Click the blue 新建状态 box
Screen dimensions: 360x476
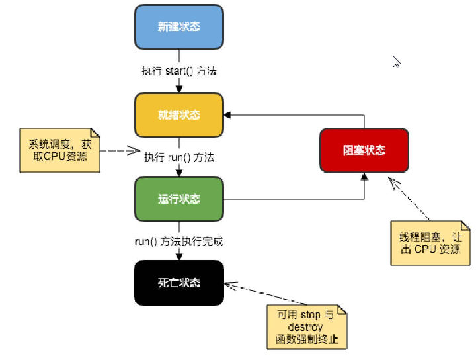click(178, 27)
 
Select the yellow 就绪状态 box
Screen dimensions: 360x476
click(178, 114)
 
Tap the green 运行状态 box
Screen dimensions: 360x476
click(178, 199)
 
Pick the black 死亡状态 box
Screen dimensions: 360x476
click(178, 283)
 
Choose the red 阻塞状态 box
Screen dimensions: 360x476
click(364, 150)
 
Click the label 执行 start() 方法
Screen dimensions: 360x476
click(178, 71)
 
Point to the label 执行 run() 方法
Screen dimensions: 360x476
click(179, 157)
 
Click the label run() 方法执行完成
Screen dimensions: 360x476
click(178, 241)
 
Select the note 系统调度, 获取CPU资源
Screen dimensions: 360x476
click(59, 150)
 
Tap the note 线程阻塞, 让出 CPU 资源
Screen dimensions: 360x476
click(430, 243)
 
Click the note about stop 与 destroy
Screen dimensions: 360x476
click(305, 327)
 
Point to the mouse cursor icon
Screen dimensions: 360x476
click(396, 62)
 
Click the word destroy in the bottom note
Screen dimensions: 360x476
click(305, 327)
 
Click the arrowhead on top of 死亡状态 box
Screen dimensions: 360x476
click(178, 257)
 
